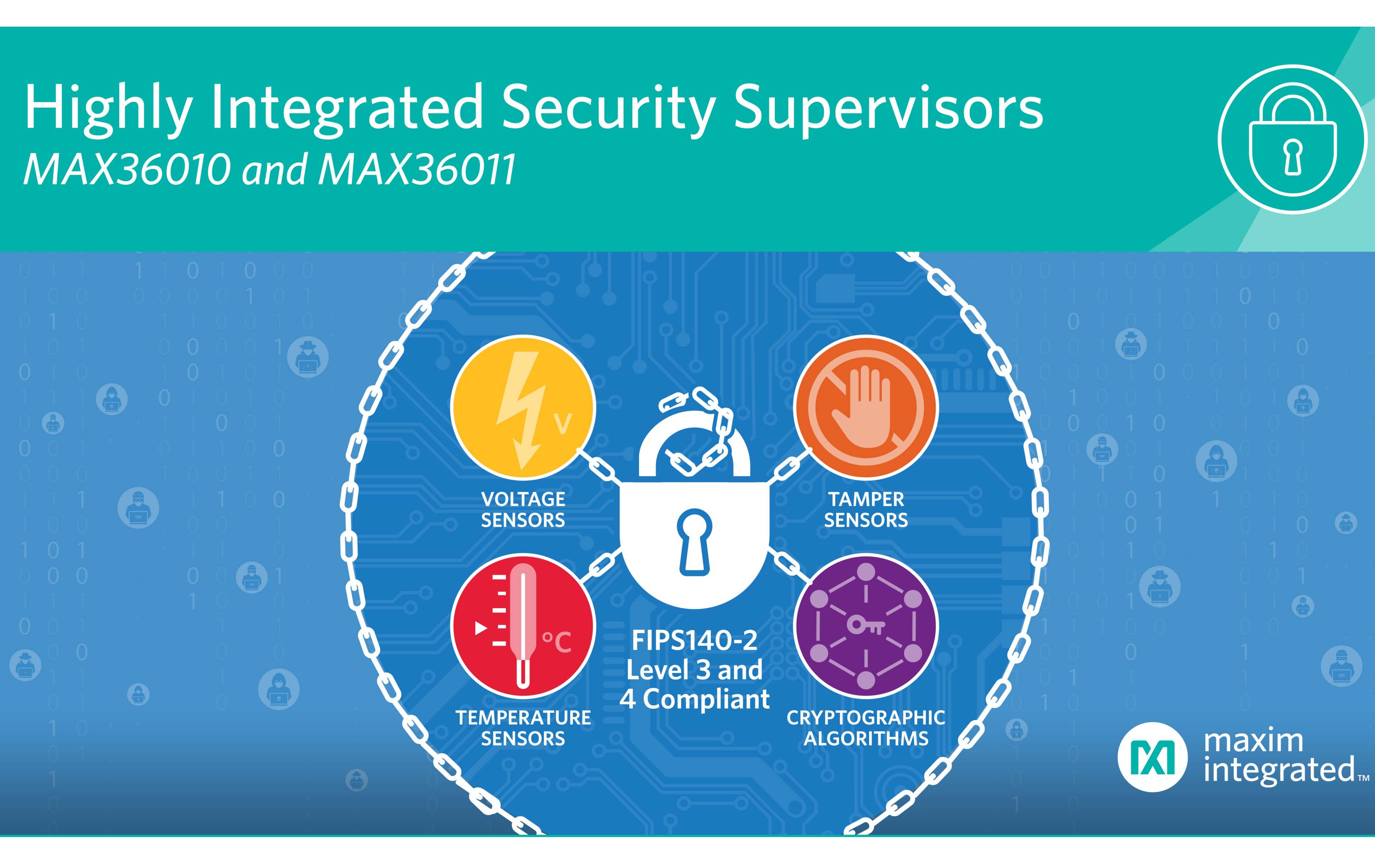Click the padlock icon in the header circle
(x=1292, y=139)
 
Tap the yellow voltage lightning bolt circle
(x=523, y=407)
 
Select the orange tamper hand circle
(x=866, y=407)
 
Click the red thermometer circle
(x=523, y=626)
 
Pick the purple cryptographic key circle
(x=866, y=626)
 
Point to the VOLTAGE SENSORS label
(x=523, y=510)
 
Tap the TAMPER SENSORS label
(x=866, y=510)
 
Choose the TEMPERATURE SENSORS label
(x=523, y=728)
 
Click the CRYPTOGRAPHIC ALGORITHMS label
(x=866, y=728)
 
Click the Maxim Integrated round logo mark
(x=1152, y=757)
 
